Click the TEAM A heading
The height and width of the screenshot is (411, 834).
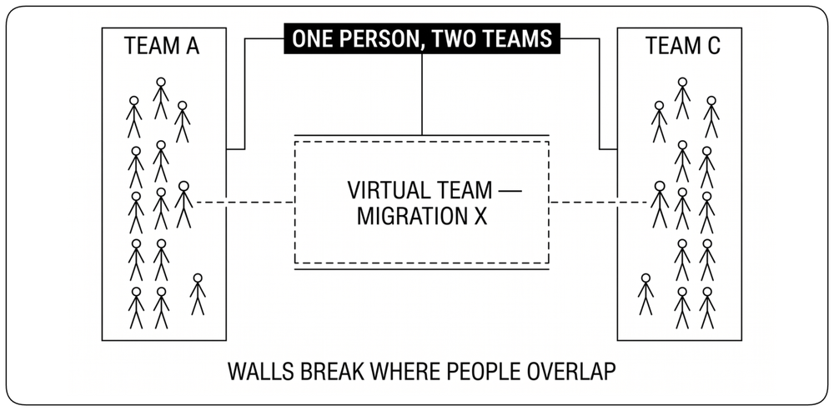click(162, 46)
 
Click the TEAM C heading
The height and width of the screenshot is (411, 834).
click(683, 46)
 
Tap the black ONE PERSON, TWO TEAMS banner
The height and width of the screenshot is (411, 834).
click(422, 38)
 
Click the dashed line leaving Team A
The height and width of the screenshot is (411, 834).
click(245, 202)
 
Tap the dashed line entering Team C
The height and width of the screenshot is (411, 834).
click(599, 202)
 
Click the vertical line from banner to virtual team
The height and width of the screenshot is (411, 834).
click(422, 94)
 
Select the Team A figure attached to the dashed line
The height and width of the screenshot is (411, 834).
click(183, 205)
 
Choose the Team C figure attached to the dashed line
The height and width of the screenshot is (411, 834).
click(660, 205)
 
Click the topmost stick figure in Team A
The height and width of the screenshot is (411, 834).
click(161, 98)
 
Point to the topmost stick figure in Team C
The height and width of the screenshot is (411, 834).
click(682, 98)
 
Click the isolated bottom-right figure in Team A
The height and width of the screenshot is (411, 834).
click(198, 294)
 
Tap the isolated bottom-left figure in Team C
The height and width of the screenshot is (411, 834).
click(646, 294)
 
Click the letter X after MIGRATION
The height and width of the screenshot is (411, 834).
click(481, 216)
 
